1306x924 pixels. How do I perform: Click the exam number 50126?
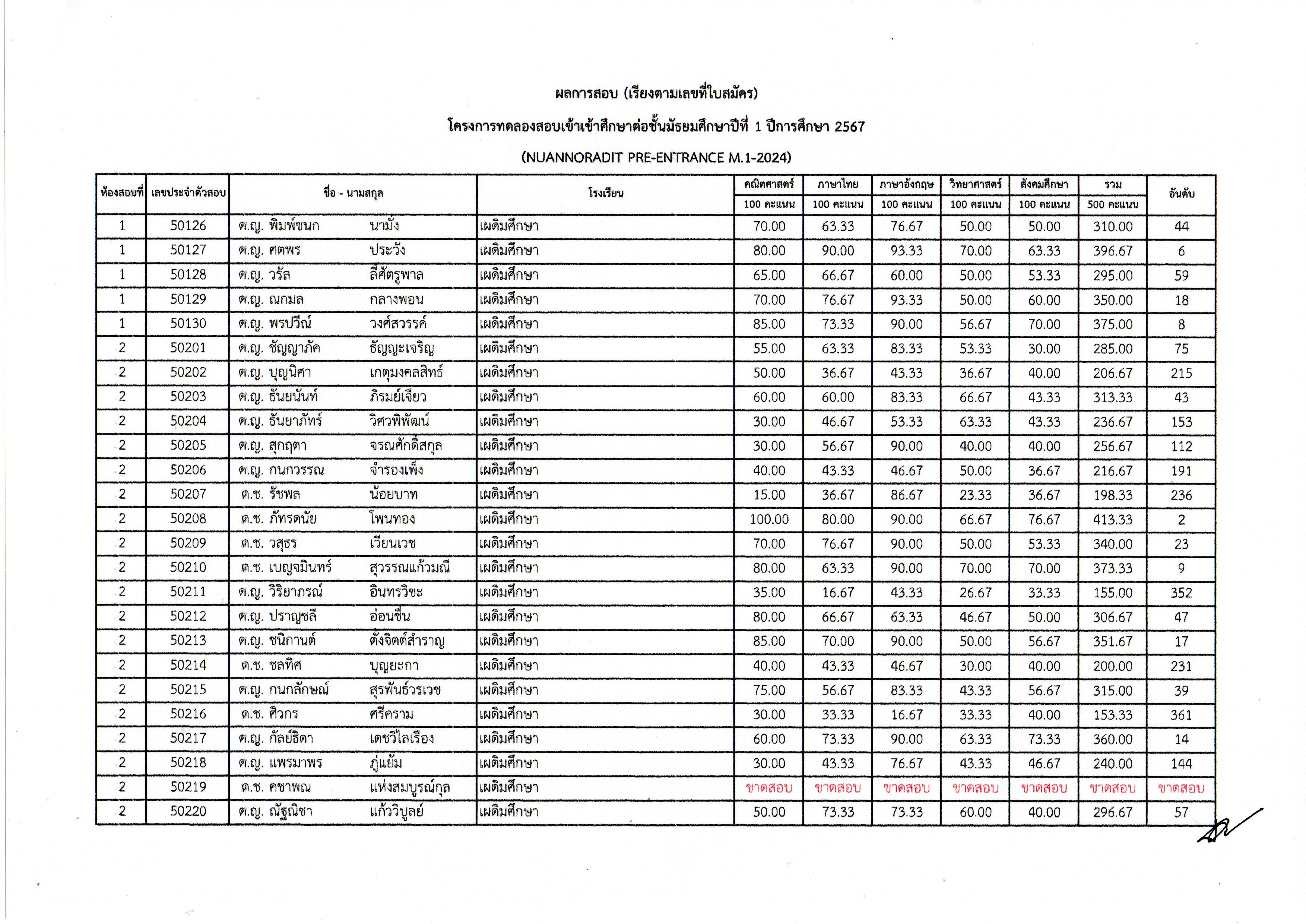tap(188, 226)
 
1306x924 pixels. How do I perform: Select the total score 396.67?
tap(1113, 251)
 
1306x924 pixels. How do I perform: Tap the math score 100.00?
tap(769, 520)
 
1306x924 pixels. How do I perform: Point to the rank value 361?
tap(1181, 715)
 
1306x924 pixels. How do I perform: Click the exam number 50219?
tap(188, 787)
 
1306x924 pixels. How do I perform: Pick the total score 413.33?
tap(1113, 520)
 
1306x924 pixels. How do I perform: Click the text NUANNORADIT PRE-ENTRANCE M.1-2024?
tap(656, 158)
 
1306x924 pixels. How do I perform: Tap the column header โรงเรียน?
tap(605, 193)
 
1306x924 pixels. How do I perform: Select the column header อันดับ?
tap(1181, 194)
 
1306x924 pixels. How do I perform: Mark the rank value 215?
tap(1181, 373)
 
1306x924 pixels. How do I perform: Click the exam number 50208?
tap(188, 519)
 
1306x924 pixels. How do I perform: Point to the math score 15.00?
tap(769, 495)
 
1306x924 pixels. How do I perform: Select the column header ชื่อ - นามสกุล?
tap(353, 193)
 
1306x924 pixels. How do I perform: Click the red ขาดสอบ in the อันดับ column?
tap(1181, 788)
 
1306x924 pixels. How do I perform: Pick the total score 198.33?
tap(1113, 495)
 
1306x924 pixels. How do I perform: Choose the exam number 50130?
tap(188, 324)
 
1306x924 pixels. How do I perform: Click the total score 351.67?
tap(1113, 641)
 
